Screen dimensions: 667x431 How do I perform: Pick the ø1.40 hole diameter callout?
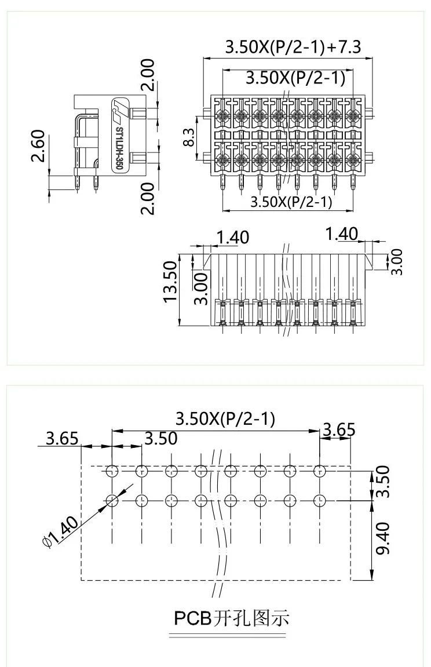60,532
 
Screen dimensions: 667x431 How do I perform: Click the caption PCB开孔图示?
232,618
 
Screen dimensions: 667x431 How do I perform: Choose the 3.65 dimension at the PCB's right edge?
339,430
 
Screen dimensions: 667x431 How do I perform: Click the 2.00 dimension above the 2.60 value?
148,75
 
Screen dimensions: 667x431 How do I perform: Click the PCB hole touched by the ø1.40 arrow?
112,499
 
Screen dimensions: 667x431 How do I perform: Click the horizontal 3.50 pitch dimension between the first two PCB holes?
160,439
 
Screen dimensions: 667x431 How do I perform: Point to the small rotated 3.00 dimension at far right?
396,262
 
